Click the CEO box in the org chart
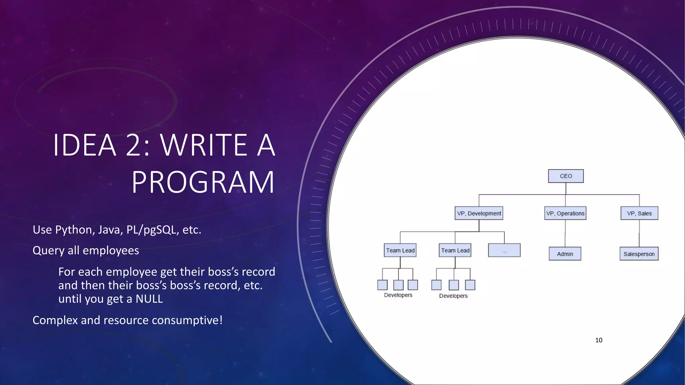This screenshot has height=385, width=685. click(x=566, y=176)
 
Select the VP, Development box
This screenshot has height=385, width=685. click(x=479, y=213)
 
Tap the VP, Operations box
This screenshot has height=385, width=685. click(x=565, y=213)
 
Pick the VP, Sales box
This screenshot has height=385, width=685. click(x=639, y=213)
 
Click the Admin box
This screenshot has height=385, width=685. click(x=565, y=254)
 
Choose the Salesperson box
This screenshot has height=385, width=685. click(x=639, y=254)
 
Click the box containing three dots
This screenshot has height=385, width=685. click(x=504, y=250)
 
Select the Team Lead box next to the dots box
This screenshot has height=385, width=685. click(x=455, y=250)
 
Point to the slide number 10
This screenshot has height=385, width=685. click(x=599, y=340)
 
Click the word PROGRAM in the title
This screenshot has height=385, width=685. click(x=203, y=182)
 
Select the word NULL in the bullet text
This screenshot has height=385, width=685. click(x=149, y=299)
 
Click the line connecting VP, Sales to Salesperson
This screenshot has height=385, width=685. click(x=639, y=233)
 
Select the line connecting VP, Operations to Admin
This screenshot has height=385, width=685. click(x=565, y=233)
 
